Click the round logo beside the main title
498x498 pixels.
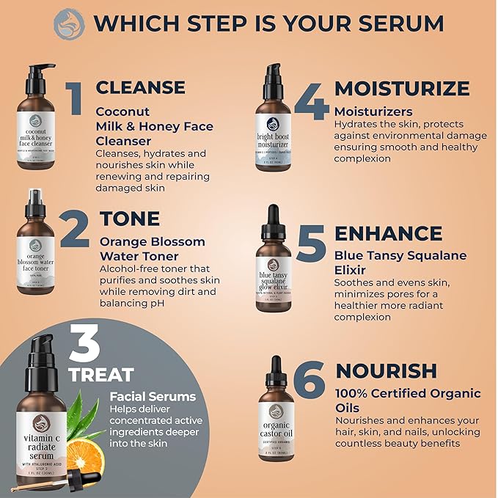point(69,23)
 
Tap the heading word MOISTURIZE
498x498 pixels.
point(402,89)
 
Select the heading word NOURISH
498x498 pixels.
point(387,370)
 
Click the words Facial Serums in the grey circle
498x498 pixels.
point(153,397)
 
